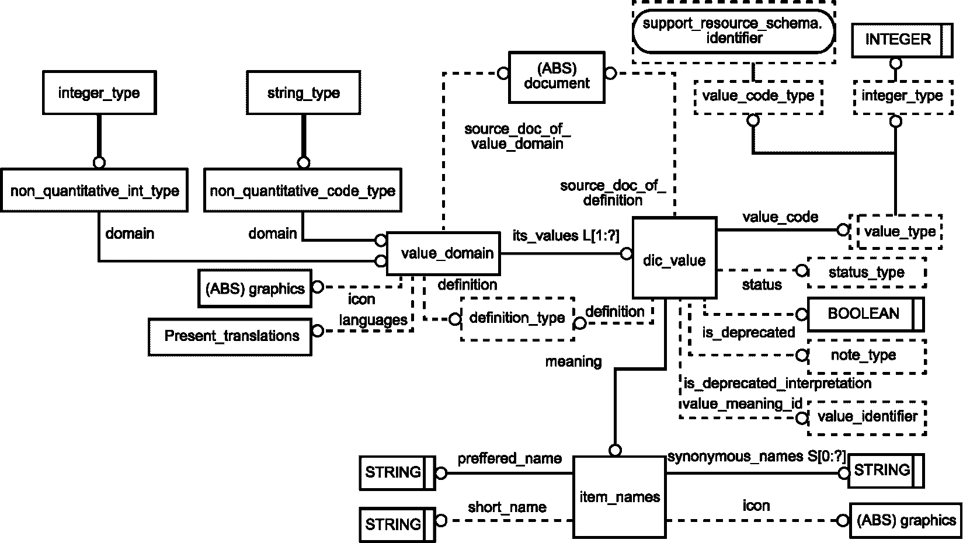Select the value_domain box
[x=443, y=253]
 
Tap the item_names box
[x=620, y=496]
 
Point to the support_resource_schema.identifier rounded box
[x=733, y=31]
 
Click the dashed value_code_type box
[x=758, y=96]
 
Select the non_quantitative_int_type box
[x=95, y=190]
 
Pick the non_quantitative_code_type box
[x=303, y=190]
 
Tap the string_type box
[x=304, y=93]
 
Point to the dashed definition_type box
[x=517, y=318]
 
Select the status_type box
[x=866, y=272]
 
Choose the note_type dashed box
[x=866, y=356]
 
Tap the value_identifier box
[x=867, y=417]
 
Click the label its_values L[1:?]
[x=565, y=235]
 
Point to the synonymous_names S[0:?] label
[x=756, y=457]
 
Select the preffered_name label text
[x=509, y=458]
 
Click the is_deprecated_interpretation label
[x=777, y=384]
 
